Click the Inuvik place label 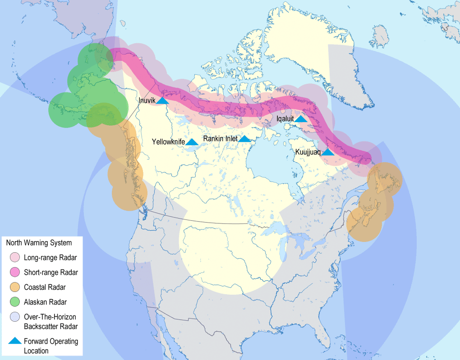[x=147, y=100]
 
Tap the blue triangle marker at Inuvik [x=163, y=101]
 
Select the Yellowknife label [x=168, y=141]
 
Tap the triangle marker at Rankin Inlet [x=244, y=139]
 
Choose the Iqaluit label [x=285, y=118]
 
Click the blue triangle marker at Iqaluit [x=301, y=119]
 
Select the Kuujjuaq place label [x=308, y=152]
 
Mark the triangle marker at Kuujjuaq [x=328, y=153]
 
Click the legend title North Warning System [x=39, y=243]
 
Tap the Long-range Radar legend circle [x=15, y=258]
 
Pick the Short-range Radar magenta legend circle [x=15, y=273]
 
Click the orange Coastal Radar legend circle [x=15, y=287]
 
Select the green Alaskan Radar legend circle [x=15, y=302]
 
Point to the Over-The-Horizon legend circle [x=15, y=317]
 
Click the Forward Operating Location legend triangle [x=15, y=341]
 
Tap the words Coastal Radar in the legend [x=44, y=287]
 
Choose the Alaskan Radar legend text [x=45, y=302]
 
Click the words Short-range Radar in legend [x=51, y=273]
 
